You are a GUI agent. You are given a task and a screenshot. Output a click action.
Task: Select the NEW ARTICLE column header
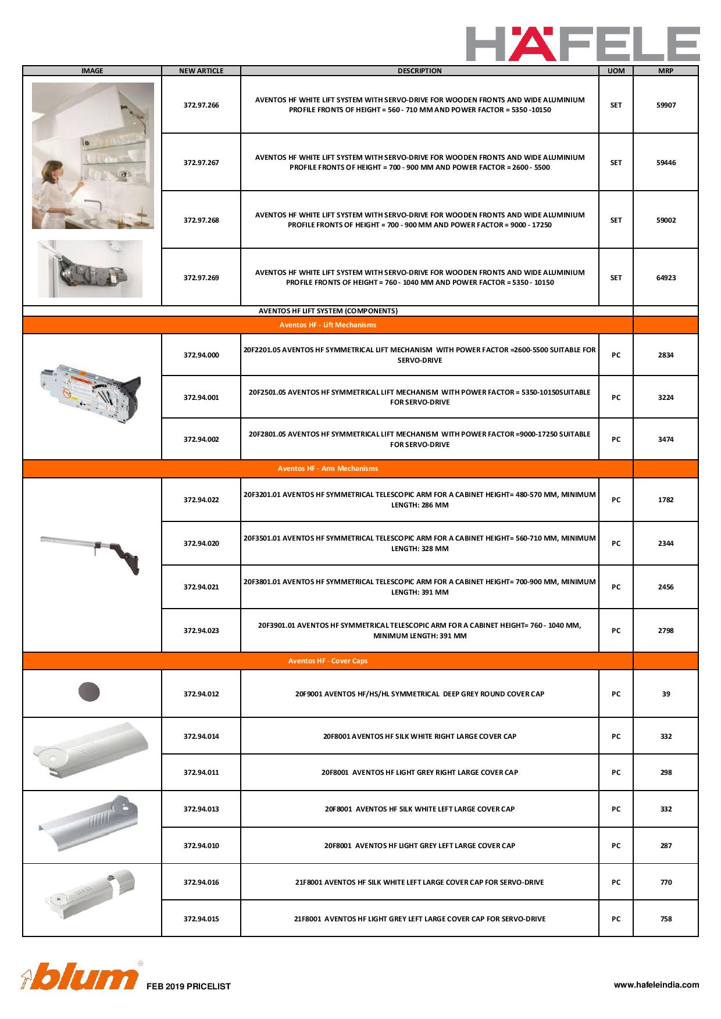coord(201,71)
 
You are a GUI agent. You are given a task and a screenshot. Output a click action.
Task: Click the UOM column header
coord(616,71)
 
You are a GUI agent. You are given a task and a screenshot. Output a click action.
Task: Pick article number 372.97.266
coord(201,105)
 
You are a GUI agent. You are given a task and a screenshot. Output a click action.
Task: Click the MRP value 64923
coord(666,278)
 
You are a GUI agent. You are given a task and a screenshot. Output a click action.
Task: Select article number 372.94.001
coord(201,398)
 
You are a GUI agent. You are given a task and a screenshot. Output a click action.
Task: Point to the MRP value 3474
coord(666,439)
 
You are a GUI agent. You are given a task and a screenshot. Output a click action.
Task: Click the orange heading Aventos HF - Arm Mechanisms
coord(328,469)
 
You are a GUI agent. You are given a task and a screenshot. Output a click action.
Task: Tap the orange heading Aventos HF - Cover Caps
coord(328,661)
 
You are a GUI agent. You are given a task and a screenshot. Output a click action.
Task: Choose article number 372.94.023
coord(201,631)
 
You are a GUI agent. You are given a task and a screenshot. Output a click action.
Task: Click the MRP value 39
coord(666,694)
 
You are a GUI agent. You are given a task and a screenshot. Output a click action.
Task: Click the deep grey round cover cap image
coord(89,692)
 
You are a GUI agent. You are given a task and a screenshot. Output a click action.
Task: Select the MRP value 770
coord(666,882)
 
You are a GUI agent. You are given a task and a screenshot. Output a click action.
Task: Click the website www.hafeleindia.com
coord(656,985)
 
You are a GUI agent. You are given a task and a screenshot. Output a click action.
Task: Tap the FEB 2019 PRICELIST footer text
coord(188,986)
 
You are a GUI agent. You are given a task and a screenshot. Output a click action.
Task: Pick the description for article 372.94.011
coord(419,773)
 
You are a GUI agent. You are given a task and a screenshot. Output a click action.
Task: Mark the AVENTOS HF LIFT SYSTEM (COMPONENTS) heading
coord(328,311)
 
